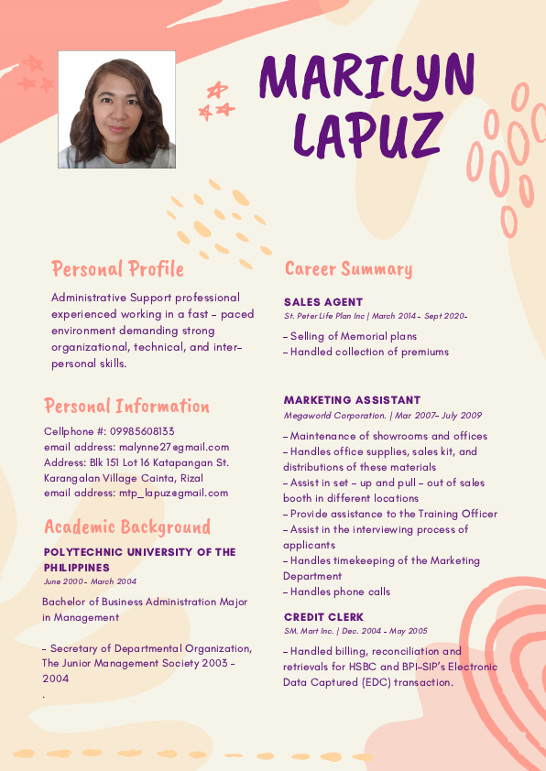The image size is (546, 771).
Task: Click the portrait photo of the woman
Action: click(x=116, y=110)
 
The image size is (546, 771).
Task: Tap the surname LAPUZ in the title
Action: click(x=367, y=134)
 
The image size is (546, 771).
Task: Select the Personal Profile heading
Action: click(x=117, y=269)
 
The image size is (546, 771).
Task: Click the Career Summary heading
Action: click(x=348, y=269)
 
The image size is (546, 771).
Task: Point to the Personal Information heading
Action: click(x=126, y=407)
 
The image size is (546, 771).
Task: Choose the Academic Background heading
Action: click(x=127, y=527)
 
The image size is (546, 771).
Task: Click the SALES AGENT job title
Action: click(x=323, y=302)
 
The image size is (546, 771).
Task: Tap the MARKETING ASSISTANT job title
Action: click(x=352, y=400)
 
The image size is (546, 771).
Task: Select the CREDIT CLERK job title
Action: click(x=323, y=617)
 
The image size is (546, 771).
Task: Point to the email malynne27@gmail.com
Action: click(x=174, y=447)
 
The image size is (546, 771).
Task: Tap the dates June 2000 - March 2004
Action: click(x=90, y=581)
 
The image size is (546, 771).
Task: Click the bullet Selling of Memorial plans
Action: click(x=352, y=336)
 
